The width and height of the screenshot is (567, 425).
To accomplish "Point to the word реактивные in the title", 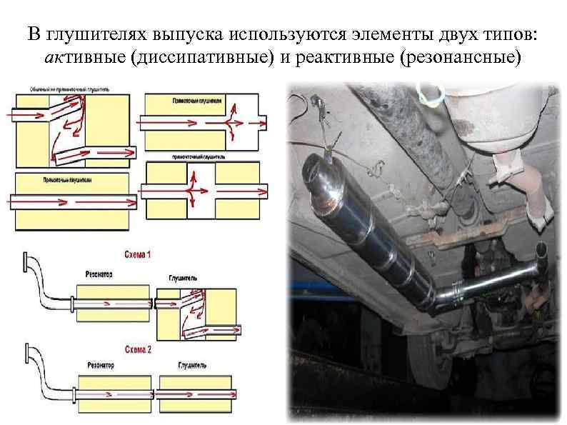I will click(x=334, y=57).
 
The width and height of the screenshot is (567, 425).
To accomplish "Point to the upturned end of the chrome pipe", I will click(x=541, y=250).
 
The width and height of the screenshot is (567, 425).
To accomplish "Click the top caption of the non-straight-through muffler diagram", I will click(x=69, y=90).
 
